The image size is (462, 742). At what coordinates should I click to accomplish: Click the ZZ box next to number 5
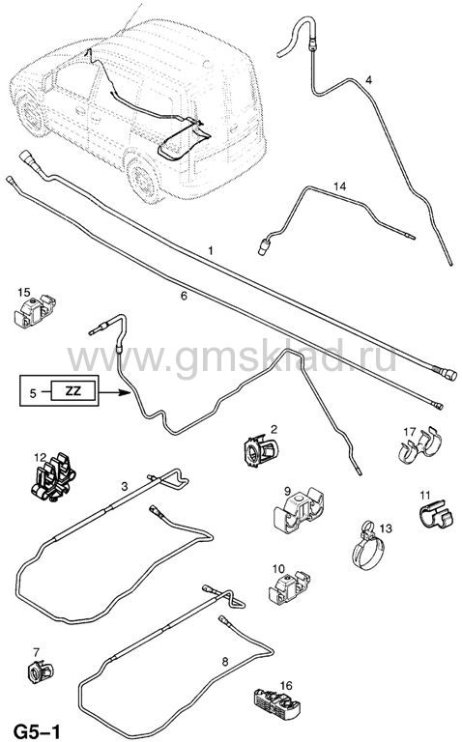coord(73,391)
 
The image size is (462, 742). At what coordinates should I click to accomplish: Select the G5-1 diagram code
coord(37,731)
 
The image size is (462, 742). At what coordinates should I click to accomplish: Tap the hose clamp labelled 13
coord(368,548)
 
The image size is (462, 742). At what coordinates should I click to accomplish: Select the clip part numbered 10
coord(288,587)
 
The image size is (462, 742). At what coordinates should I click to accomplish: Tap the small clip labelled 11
coord(433,515)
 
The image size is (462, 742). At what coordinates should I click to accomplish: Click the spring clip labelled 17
coord(419,446)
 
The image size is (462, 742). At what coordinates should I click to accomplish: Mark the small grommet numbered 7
coord(41,671)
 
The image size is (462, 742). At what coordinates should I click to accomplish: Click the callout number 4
coord(368,80)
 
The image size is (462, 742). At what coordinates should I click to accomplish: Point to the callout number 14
coord(339,186)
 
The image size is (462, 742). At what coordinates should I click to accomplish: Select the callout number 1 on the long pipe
coord(211,250)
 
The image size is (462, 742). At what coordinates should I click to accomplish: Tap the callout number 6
coord(185,296)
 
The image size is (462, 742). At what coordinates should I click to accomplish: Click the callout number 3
coord(125,486)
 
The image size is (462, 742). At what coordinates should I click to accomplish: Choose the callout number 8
coord(225,661)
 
